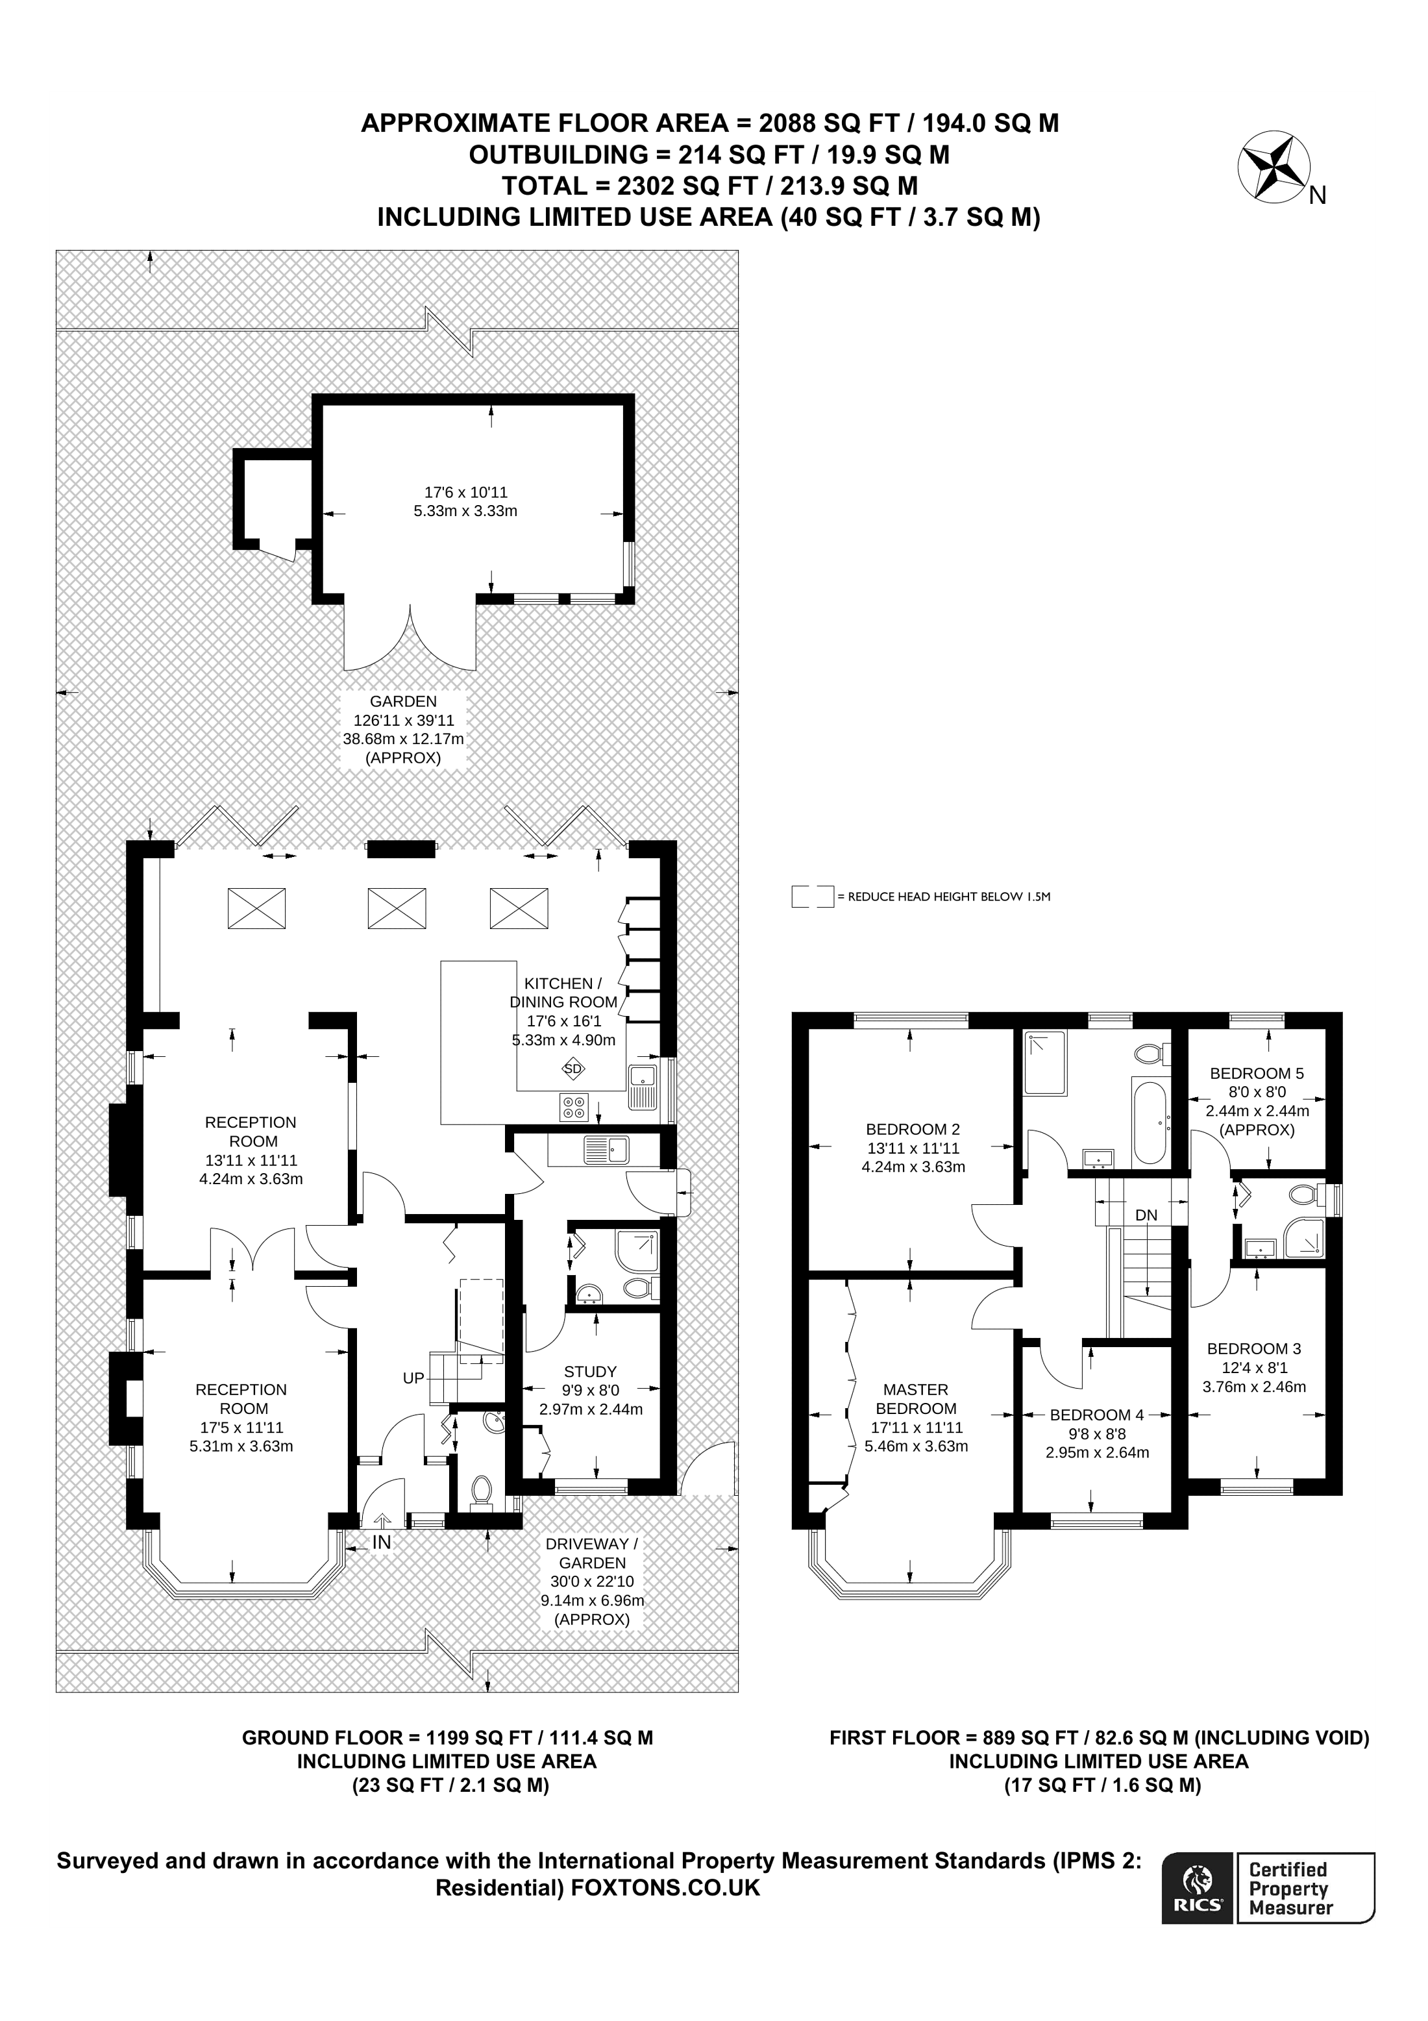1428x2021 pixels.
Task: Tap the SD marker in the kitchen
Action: [572, 1069]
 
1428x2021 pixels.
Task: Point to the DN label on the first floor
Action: [1146, 1215]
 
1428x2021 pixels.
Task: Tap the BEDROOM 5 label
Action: [1257, 1073]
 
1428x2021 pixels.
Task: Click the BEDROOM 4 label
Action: [1096, 1415]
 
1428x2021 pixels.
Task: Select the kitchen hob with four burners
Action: [574, 1108]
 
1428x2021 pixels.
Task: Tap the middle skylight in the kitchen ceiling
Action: [397, 908]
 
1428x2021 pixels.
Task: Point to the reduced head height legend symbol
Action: [812, 897]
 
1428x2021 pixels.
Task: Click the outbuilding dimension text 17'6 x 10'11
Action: [465, 492]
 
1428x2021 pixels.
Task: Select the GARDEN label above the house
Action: [403, 702]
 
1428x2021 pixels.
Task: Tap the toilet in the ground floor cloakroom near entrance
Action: [481, 1489]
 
